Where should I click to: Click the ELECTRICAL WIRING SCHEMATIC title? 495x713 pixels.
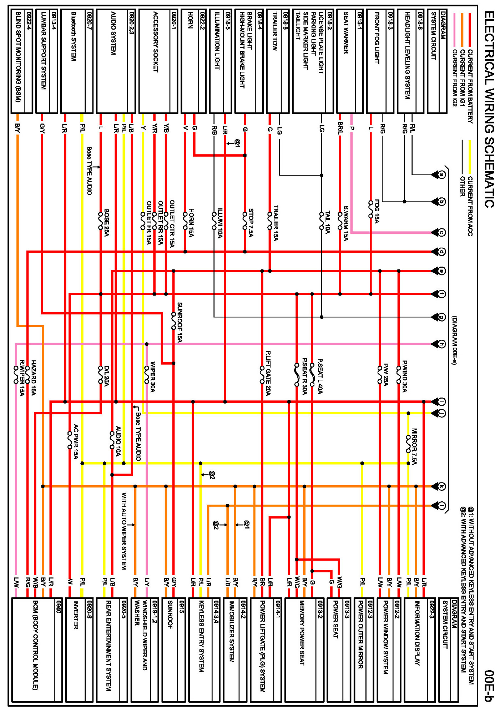click(489, 109)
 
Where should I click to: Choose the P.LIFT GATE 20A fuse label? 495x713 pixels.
click(268, 373)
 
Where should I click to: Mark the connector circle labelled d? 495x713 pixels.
click(441, 252)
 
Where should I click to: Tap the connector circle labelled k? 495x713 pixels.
click(441, 486)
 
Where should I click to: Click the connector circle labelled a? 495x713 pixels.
click(441, 175)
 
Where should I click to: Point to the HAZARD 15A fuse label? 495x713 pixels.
click(34, 378)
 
